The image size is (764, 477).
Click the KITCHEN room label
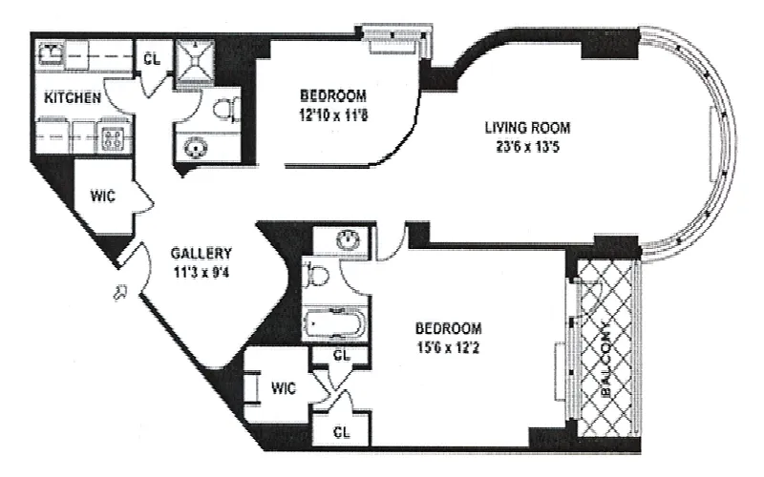click(73, 97)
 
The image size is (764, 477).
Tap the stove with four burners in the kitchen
click(113, 137)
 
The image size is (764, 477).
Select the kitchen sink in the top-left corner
click(51, 52)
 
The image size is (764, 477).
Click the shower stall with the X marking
click(195, 62)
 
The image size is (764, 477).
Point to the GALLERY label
click(202, 253)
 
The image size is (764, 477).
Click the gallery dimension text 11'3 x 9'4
click(202, 272)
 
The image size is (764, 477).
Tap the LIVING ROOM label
click(527, 128)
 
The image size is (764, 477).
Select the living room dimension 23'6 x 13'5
click(527, 147)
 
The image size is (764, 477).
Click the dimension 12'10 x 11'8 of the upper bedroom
click(333, 115)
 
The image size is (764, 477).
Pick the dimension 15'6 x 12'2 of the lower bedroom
click(448, 347)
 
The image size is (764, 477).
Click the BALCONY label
click(606, 359)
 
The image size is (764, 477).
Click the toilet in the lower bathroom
click(315, 275)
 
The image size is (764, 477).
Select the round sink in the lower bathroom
click(349, 239)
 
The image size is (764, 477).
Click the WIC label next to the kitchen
click(103, 197)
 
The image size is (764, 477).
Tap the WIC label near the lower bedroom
click(283, 388)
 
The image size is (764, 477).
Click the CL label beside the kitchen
click(152, 59)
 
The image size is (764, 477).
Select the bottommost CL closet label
click(341, 432)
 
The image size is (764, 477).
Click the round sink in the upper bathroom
click(196, 148)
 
